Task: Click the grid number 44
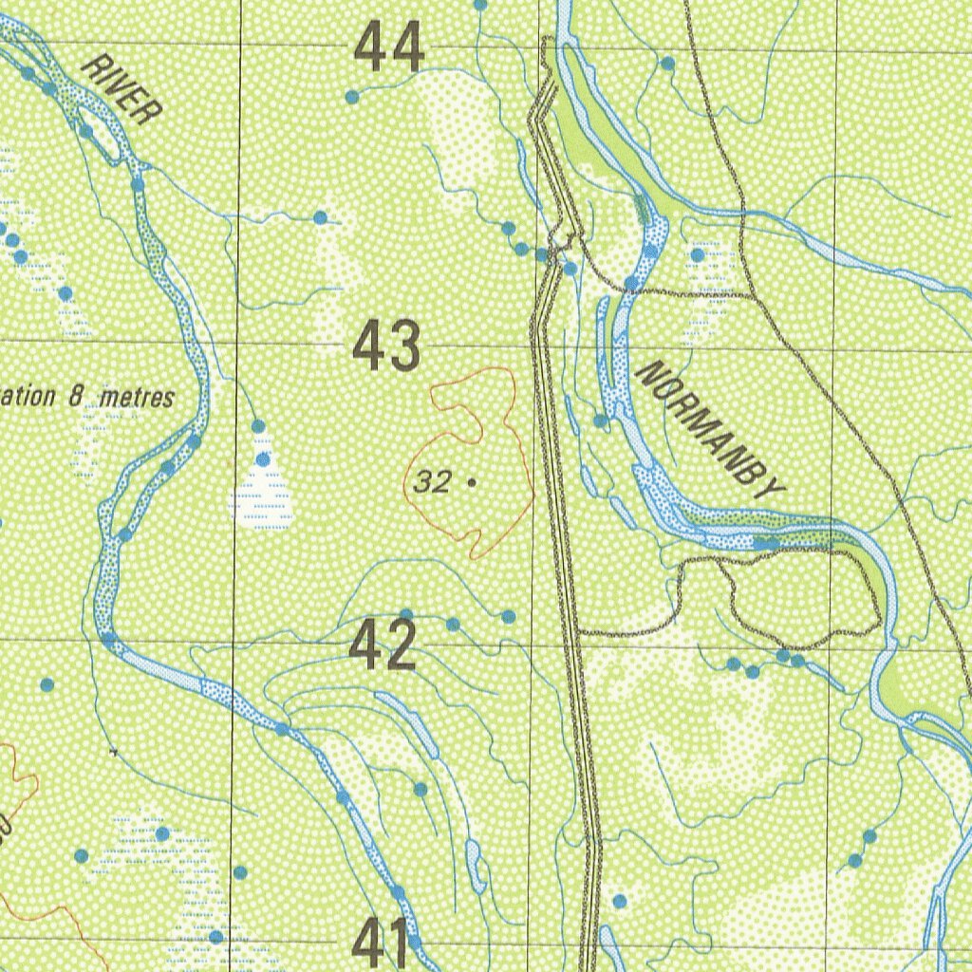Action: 389,49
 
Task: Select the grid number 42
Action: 383,645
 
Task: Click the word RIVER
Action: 121,90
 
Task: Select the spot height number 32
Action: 432,483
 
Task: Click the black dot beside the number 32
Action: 471,483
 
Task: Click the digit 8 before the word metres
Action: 77,397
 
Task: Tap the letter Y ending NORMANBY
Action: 774,490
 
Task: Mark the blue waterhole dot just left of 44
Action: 352,97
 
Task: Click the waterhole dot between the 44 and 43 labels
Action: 320,217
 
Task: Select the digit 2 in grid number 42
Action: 400,645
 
